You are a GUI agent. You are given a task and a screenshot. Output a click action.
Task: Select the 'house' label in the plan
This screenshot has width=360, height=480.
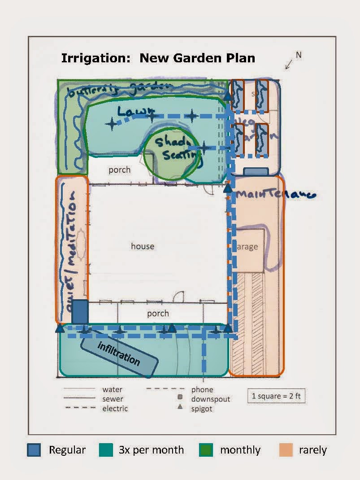tap(143, 246)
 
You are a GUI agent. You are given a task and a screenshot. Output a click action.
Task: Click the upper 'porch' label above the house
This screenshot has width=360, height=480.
tap(120, 170)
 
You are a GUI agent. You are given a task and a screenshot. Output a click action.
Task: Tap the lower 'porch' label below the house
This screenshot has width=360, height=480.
tap(158, 313)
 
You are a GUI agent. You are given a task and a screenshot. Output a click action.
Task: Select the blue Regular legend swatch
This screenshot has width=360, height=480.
tap(34, 450)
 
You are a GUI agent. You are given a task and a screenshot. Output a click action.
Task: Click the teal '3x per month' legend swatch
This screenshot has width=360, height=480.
tap(106, 450)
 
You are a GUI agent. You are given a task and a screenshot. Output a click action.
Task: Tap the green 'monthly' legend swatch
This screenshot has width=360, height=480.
tap(206, 450)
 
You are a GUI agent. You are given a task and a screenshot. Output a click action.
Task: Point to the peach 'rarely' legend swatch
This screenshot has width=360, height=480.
tap(286, 450)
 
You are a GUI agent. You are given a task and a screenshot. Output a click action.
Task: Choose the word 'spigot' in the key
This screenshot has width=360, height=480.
tap(202, 409)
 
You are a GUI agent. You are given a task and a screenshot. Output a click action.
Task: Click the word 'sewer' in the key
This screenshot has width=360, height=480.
tap(113, 399)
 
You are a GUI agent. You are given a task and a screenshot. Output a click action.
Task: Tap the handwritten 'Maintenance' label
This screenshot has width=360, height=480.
tap(276, 194)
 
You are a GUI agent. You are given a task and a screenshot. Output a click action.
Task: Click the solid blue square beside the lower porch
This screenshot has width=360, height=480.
tap(80, 311)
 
